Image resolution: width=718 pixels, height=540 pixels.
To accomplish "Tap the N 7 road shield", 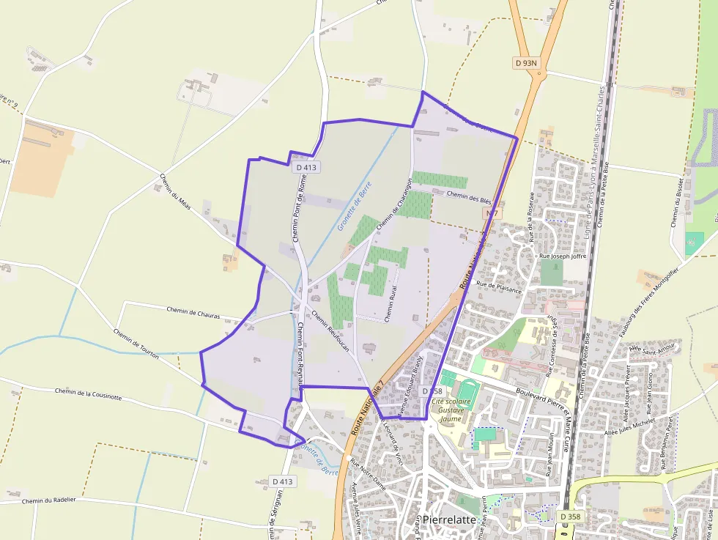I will [492, 213].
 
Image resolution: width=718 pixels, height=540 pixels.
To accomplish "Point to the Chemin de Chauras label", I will [193, 312].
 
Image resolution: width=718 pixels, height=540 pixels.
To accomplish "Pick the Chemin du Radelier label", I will [54, 501].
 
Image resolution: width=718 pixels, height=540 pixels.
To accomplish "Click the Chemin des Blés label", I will [468, 196].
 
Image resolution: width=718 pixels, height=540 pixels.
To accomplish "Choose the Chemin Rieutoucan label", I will [330, 328].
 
